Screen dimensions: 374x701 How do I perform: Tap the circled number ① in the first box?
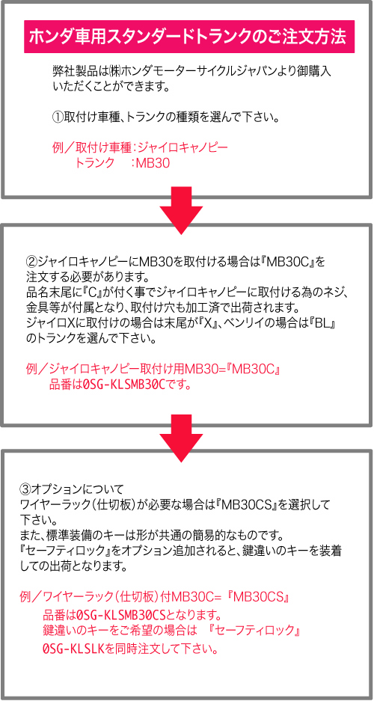click(x=58, y=118)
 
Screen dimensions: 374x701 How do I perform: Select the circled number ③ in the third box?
click(x=26, y=487)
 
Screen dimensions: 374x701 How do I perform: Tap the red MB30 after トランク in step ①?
click(x=153, y=163)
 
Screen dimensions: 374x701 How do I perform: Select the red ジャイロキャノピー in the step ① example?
click(x=182, y=147)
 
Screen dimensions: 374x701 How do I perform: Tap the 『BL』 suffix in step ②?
click(x=322, y=322)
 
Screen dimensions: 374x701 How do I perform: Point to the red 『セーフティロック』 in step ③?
click(x=254, y=630)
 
